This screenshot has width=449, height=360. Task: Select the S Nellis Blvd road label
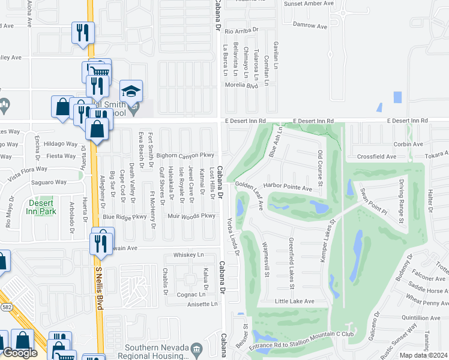99,288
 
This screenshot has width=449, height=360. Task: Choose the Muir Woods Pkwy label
191,216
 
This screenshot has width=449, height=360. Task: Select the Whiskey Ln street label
188,255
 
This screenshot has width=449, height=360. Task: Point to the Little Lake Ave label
295,301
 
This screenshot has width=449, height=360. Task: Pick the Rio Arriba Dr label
240,29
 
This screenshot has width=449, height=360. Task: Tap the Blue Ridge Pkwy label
125,217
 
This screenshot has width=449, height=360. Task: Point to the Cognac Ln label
191,295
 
